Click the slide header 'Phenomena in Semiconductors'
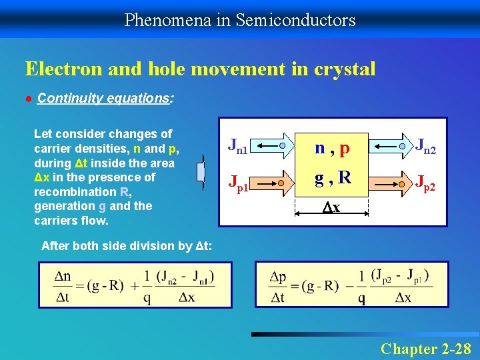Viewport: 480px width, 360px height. [x=240, y=20]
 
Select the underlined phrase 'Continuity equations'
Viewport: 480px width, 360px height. [x=104, y=99]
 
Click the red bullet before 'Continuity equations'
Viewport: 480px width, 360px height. [x=29, y=99]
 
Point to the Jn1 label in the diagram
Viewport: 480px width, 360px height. [x=238, y=145]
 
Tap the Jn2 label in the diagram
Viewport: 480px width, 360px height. [x=425, y=145]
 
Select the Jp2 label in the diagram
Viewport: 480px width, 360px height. [x=425, y=182]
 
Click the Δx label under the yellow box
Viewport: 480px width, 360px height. [x=331, y=208]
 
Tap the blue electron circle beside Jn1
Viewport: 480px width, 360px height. [x=283, y=145]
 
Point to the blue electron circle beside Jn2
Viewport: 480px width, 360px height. [x=403, y=145]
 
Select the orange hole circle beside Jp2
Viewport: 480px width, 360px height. [x=403, y=182]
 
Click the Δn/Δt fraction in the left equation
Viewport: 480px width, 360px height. [x=63, y=286]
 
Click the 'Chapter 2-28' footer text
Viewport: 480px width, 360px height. [x=425, y=348]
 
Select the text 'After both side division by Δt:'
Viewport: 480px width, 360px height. [x=127, y=246]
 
